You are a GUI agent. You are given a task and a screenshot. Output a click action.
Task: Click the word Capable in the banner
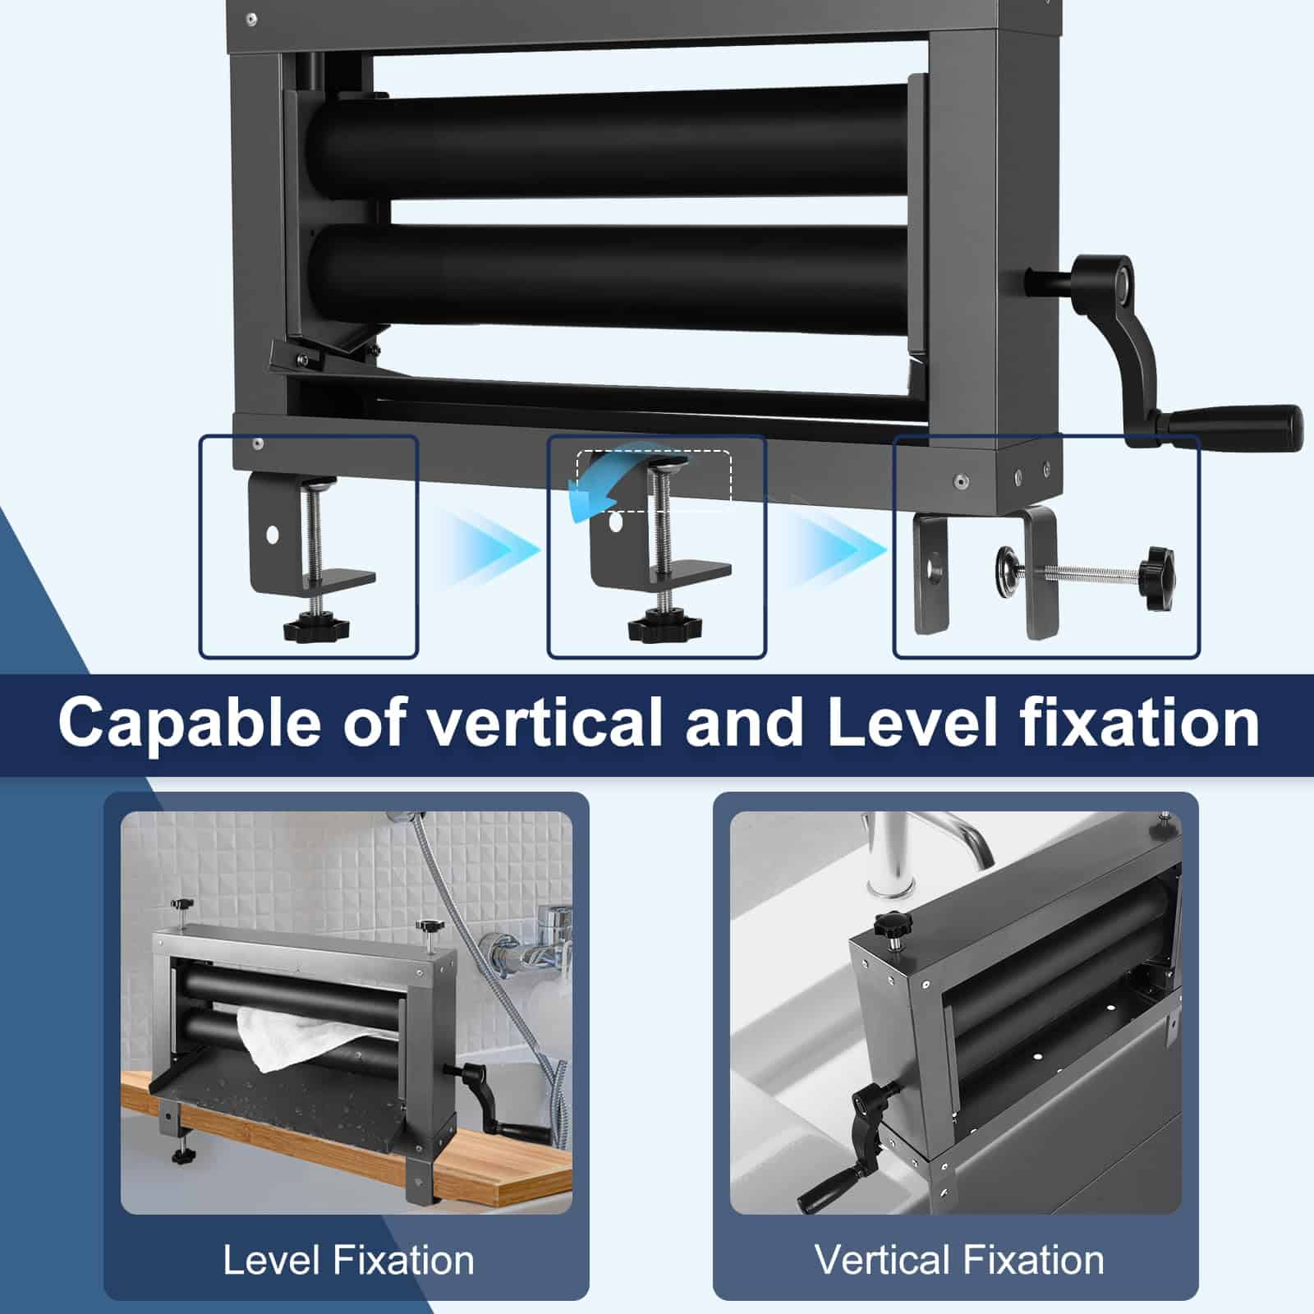(189, 723)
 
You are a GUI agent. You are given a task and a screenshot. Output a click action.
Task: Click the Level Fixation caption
(348, 1260)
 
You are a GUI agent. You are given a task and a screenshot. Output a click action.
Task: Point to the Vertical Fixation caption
(959, 1260)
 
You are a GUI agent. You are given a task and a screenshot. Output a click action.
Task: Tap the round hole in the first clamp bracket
(272, 535)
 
